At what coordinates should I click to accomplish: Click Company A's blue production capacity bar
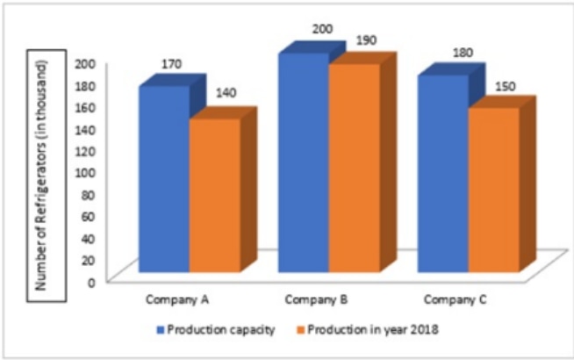pos(163,179)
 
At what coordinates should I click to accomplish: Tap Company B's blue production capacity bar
pos(304,163)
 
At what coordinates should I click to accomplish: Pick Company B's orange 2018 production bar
pos(355,169)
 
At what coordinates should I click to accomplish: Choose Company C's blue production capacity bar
pos(443,174)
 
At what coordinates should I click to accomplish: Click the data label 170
pos(172,64)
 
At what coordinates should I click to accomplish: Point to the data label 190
pos(367,40)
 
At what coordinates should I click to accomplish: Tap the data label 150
pos(506,86)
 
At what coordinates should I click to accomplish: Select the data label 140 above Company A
pos(226,93)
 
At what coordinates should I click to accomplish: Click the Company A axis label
pos(177,300)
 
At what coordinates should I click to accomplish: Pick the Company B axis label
pos(316,300)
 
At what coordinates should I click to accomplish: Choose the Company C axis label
pos(456,300)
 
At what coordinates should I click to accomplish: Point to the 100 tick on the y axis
pos(85,172)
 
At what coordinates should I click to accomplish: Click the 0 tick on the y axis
pos(91,283)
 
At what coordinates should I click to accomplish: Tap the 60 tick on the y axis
pos(89,216)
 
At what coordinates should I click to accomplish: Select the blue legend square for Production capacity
pos(161,329)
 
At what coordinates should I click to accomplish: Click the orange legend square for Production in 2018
pos(300,329)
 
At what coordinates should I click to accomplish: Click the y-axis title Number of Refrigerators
pos(41,176)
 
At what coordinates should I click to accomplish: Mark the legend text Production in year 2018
pos(373,329)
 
